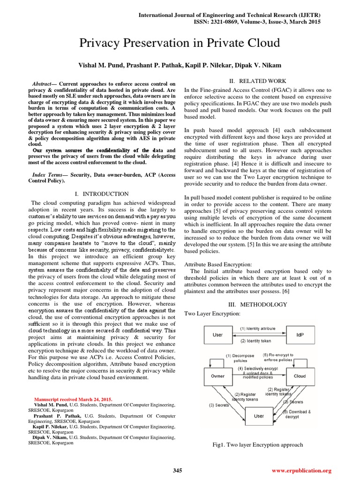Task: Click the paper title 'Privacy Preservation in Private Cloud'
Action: [180, 44]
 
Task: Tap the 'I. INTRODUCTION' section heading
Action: [102, 194]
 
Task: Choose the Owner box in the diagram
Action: [218, 376]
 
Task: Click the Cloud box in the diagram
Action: [300, 376]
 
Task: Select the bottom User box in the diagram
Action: [259, 416]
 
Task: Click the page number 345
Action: [177, 470]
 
